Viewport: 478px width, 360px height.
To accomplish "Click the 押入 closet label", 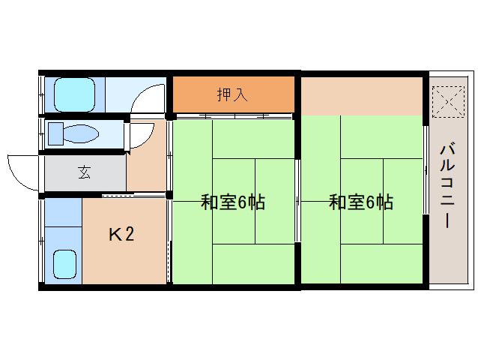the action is point(232,94).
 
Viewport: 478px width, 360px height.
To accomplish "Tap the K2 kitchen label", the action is point(121,234).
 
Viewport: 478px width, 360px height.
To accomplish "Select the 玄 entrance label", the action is point(84,172).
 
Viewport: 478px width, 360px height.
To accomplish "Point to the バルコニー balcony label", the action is point(447,186).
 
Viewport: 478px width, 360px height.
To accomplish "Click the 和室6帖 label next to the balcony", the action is point(361,202).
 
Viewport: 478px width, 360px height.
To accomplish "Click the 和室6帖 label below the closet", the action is point(233,202).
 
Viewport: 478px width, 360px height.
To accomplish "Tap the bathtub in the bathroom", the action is point(74,94).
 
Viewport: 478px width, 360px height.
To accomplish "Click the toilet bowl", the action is point(81,133).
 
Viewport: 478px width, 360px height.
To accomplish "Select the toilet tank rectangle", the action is point(55,133).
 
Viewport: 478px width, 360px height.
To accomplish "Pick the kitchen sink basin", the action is point(64,264).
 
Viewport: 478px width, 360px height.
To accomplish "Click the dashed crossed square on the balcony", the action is point(448,101).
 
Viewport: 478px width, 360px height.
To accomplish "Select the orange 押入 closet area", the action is point(234,94).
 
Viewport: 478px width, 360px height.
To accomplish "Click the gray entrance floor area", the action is point(85,173).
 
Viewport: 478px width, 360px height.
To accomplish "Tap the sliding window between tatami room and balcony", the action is point(426,170).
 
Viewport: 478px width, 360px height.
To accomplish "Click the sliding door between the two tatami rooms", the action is point(297,201).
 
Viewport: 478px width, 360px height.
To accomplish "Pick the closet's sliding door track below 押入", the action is point(234,116).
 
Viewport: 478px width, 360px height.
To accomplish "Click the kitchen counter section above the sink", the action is point(64,212).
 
